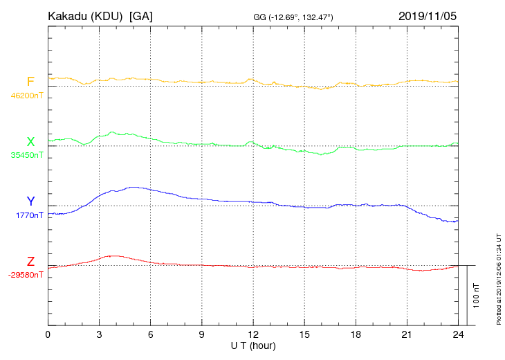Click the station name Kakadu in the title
tap(67, 16)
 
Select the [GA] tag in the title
tap(141, 16)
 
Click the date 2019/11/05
tap(428, 16)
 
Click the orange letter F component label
tap(30, 82)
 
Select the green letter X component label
tap(30, 142)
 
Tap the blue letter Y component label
tap(30, 201)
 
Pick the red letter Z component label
tap(30, 262)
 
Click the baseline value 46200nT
tap(26, 96)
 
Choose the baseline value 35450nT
tap(26, 155)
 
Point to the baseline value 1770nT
tap(29, 215)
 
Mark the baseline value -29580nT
tap(26, 275)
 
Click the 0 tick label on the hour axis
tap(48, 334)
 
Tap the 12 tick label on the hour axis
tap(252, 334)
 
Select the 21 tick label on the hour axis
tap(407, 334)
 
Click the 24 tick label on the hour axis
tap(458, 334)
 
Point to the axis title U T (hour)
tap(253, 345)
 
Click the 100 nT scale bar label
tap(477, 296)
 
